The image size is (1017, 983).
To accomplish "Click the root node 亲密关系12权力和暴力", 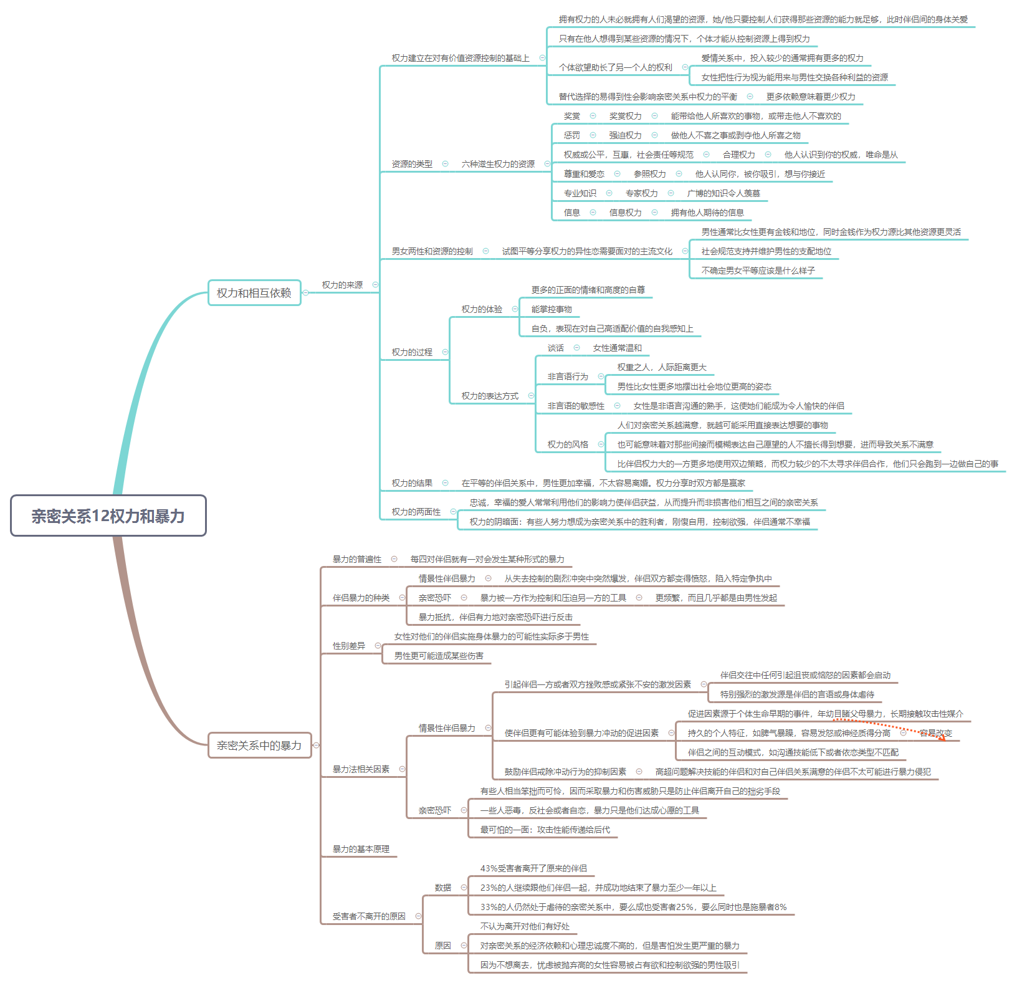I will (108, 515).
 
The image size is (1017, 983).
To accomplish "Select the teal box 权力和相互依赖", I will (254, 293).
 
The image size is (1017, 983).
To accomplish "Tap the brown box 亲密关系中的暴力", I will (259, 745).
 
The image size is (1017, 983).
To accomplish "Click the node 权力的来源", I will (342, 285).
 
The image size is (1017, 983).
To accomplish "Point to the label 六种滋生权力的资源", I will (498, 164).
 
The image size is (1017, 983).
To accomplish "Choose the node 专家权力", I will (641, 193).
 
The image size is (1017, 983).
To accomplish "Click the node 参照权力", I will (649, 174).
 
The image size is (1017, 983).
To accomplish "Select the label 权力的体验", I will (482, 309).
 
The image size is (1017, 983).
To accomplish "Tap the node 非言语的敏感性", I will (576, 406).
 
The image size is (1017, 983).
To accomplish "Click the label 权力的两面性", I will (416, 512).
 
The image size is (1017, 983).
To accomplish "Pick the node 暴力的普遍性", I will (356, 559).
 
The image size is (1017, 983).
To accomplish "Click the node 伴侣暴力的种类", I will (361, 598).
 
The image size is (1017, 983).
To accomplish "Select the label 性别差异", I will (349, 646).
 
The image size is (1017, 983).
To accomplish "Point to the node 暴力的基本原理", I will (361, 849).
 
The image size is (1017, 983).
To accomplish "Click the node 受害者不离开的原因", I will (369, 916).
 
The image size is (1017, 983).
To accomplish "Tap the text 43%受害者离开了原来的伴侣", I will (533, 868).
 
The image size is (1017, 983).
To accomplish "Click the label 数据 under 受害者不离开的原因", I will (443, 888).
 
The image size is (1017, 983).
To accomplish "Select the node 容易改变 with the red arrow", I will (935, 733).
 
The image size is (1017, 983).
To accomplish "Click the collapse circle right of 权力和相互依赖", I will (306, 292).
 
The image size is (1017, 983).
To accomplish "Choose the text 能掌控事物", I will (551, 309).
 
